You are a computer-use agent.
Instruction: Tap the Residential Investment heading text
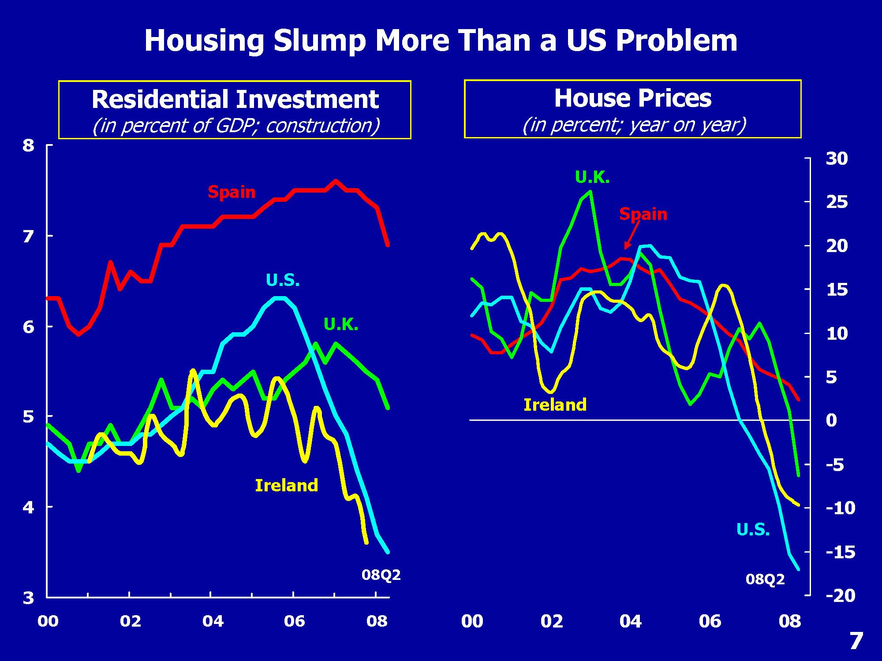[235, 99]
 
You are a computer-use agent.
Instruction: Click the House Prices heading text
[632, 98]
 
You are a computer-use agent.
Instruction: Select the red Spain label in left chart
[232, 192]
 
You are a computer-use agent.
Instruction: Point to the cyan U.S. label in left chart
[283, 280]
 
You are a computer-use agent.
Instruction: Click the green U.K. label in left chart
[341, 325]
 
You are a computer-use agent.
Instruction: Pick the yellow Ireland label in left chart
[286, 486]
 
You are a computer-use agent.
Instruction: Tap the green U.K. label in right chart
[592, 178]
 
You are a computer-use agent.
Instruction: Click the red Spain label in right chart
[643, 214]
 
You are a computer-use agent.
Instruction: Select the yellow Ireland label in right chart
[555, 405]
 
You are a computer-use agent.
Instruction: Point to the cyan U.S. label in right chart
[753, 530]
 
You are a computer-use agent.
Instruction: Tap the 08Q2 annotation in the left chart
[381, 575]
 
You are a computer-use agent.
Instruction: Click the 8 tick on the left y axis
[29, 145]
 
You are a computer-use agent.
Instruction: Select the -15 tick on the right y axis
[840, 552]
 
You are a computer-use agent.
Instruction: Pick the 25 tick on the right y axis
[837, 202]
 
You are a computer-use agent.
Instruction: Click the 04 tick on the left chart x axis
[213, 621]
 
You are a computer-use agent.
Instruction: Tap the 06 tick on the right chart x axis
[710, 621]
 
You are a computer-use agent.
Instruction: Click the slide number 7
[856, 641]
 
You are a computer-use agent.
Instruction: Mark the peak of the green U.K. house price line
[590, 192]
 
